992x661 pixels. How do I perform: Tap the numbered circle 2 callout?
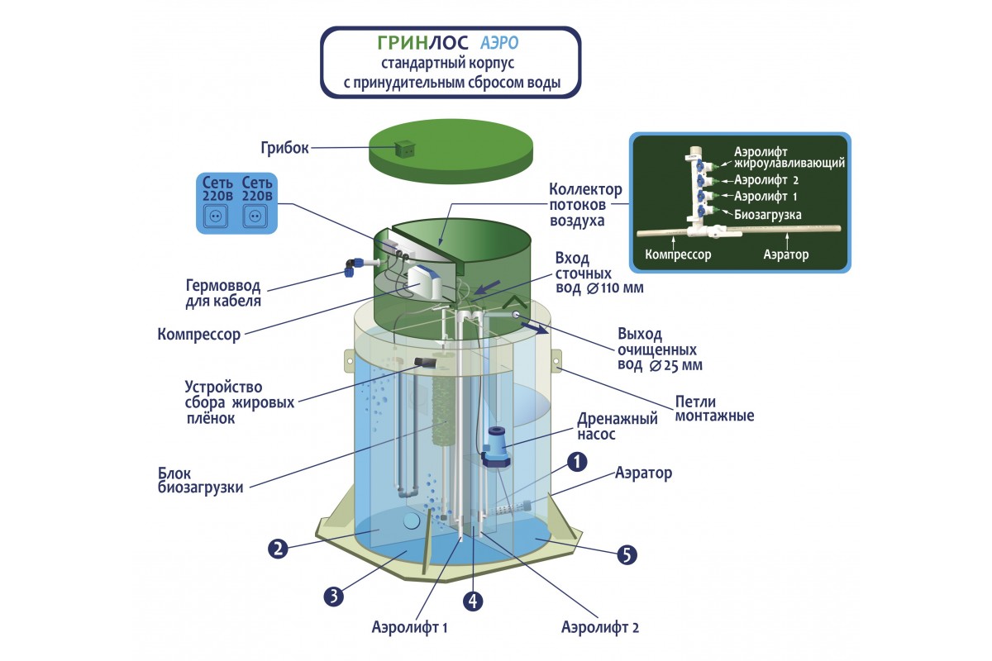(x=278, y=547)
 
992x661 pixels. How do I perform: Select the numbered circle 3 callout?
(x=333, y=596)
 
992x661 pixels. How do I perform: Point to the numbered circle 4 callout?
(x=473, y=601)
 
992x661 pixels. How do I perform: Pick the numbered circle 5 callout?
(x=627, y=554)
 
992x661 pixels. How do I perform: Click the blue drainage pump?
(x=497, y=447)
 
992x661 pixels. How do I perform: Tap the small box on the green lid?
(x=405, y=148)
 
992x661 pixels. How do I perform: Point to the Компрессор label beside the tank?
(x=198, y=335)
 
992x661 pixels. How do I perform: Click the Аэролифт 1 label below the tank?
(x=410, y=627)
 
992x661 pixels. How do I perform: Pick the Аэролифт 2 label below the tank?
(x=600, y=627)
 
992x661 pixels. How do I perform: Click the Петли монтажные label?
(x=714, y=408)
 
